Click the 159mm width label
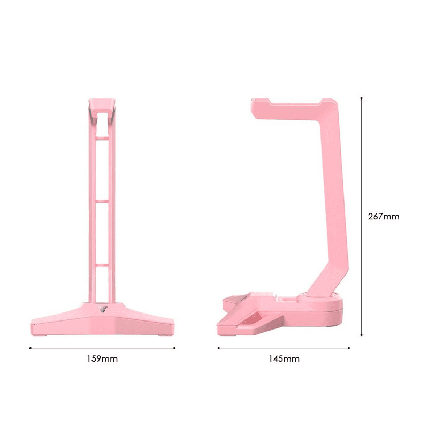102,359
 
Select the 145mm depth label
284,359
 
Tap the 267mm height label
384,217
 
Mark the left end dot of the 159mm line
30,348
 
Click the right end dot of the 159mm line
174,348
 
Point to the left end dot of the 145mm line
218,348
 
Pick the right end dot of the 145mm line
349,348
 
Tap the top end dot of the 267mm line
362,98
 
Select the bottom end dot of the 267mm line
362,335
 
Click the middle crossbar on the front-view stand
102,201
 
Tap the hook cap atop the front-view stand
102,107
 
